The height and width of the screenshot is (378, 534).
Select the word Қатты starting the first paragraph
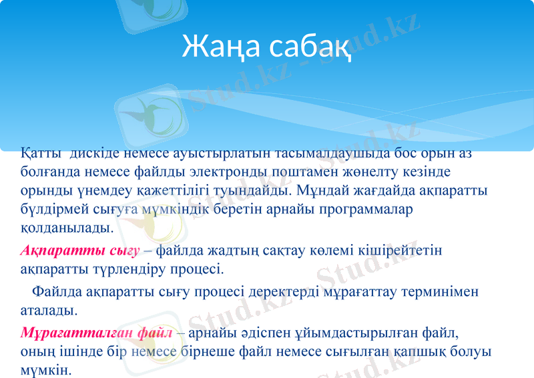click(41, 153)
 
